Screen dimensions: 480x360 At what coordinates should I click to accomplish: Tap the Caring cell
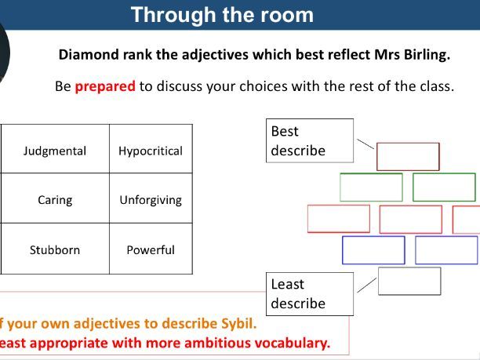click(55, 198)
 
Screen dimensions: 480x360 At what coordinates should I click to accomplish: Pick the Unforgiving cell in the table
click(151, 198)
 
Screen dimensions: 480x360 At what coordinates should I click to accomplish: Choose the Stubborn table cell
click(55, 249)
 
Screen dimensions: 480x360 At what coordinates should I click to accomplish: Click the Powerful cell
click(151, 249)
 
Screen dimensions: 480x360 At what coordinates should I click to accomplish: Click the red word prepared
click(105, 86)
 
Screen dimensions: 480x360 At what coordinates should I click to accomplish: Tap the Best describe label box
click(310, 140)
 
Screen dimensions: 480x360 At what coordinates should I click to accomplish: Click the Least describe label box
click(310, 294)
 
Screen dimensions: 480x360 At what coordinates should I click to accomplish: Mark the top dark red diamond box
click(408, 143)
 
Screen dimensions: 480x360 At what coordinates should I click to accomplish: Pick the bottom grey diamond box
click(409, 268)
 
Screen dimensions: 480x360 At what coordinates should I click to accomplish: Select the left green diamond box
click(371, 174)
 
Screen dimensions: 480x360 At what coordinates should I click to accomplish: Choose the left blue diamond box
click(373, 237)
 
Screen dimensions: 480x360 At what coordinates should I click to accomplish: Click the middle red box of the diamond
click(410, 205)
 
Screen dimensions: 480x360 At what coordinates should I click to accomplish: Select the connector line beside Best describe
click(365, 144)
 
